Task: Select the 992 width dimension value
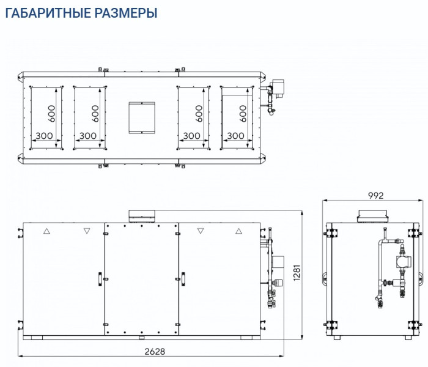click(375, 196)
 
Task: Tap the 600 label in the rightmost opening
click(243, 114)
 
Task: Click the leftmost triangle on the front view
click(46, 231)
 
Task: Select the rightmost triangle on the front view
click(238, 231)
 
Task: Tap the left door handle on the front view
click(98, 277)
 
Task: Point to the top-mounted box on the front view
click(142, 215)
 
